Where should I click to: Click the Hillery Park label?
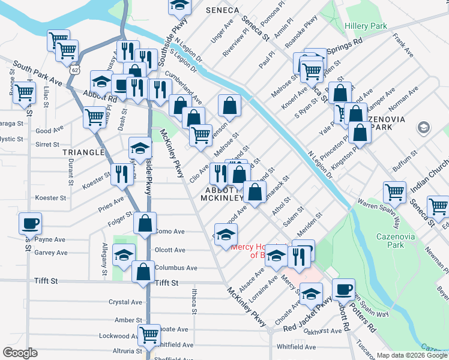tap(365, 26)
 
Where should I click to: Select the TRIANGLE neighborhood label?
tap(83, 152)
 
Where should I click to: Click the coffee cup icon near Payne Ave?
tap(30, 224)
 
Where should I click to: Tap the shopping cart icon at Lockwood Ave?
tap(149, 334)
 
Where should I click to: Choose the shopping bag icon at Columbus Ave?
tap(144, 272)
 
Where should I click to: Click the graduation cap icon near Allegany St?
tap(124, 256)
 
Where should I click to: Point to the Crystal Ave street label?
tap(125, 302)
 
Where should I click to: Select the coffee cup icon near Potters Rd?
tap(343, 289)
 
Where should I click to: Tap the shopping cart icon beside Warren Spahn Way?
tap(394, 193)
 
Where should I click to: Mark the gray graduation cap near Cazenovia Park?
tap(424, 127)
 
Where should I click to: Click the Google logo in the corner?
tap(19, 353)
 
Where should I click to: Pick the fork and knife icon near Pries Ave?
tap(122, 174)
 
